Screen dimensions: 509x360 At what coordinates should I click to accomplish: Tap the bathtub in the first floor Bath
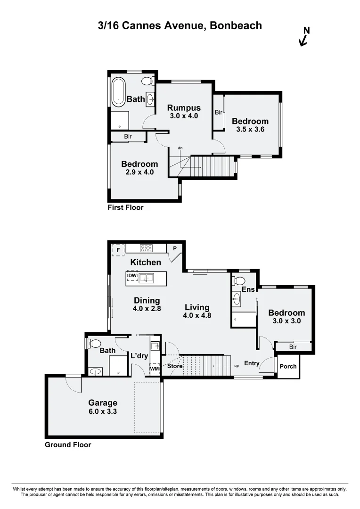(x=118, y=91)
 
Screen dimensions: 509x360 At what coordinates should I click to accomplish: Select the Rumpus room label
(x=185, y=107)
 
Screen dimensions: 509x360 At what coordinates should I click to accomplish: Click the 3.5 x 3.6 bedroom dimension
(x=250, y=129)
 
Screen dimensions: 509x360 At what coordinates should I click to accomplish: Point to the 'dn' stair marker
(x=180, y=148)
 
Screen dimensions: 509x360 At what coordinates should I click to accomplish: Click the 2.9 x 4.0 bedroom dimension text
(x=139, y=172)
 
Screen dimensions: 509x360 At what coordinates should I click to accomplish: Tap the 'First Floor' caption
(x=125, y=207)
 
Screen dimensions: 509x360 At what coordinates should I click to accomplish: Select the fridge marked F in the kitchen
(x=118, y=249)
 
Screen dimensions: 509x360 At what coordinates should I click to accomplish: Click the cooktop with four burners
(x=146, y=248)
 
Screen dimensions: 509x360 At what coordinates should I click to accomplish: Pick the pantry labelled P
(x=174, y=248)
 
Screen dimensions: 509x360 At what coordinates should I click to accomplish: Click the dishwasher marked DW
(x=132, y=276)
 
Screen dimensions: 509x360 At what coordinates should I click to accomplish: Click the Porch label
(x=288, y=366)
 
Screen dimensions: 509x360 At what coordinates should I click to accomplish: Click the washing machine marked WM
(x=154, y=369)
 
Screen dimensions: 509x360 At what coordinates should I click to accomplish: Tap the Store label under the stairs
(x=175, y=366)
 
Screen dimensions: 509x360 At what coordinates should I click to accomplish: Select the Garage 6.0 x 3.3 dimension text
(x=103, y=411)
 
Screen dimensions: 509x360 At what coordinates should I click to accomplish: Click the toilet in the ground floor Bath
(x=94, y=343)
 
